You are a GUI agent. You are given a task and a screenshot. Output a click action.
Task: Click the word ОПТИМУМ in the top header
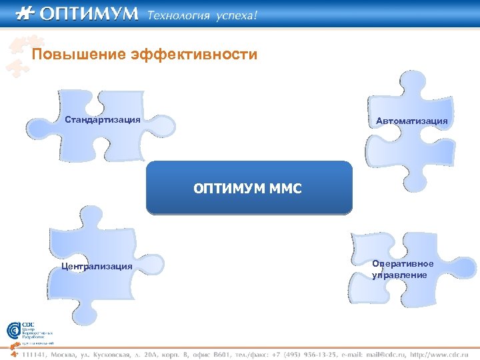(x=89, y=13)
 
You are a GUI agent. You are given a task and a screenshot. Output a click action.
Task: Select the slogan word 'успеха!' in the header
(x=235, y=15)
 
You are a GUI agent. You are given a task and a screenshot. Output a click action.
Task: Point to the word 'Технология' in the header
(x=178, y=15)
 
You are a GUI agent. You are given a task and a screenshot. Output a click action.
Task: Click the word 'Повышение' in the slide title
(x=73, y=54)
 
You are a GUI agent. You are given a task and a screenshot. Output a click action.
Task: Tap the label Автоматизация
(x=411, y=121)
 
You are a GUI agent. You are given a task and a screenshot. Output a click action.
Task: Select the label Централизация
(x=96, y=267)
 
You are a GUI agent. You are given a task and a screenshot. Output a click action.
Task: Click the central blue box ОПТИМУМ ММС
(x=249, y=188)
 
